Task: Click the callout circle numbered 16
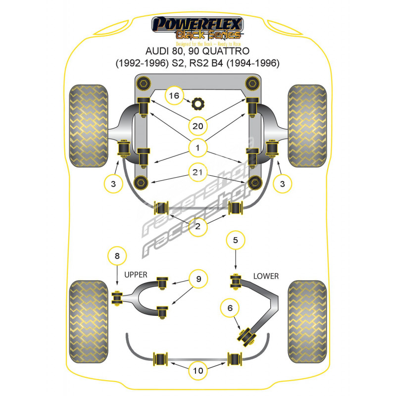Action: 174,96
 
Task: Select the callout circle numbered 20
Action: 198,126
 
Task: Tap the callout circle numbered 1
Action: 198,147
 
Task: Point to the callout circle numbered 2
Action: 198,227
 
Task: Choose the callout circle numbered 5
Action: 236,241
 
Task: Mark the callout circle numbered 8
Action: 117,256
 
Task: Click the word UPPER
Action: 137,274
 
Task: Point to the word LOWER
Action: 266,276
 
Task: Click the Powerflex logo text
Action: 198,23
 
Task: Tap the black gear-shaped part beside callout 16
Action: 198,104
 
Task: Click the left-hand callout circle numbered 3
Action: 113,184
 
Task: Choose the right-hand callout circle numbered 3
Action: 283,184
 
